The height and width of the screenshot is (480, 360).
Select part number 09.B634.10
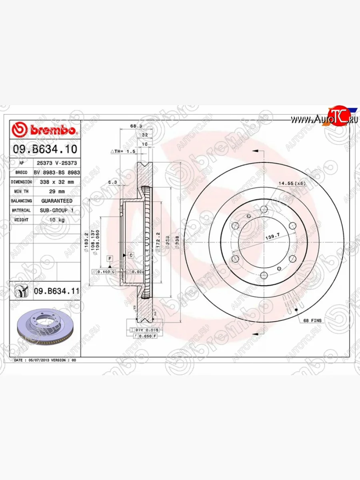tap(45, 150)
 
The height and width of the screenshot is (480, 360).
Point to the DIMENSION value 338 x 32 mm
tap(56, 182)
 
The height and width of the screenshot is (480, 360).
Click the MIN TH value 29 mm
tap(56, 191)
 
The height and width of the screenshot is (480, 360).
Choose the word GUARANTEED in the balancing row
tap(56, 200)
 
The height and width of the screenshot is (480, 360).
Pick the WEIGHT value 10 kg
tap(56, 220)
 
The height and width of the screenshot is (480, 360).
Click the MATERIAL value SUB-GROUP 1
tap(56, 210)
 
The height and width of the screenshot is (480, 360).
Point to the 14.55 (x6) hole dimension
tap(292, 183)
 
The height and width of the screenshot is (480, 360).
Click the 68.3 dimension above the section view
tap(136, 126)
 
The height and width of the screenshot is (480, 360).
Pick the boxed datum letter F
tap(109, 259)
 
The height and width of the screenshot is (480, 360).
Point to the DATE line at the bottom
tap(45, 360)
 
